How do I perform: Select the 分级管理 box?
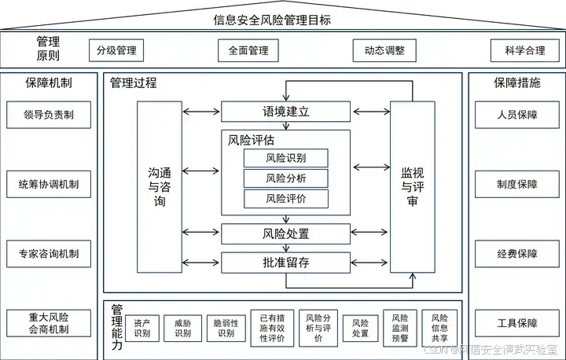(x=116, y=51)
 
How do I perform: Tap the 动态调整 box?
(x=384, y=51)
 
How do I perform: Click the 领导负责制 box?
(x=48, y=115)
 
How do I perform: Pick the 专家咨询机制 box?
(x=48, y=254)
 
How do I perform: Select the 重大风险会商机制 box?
(x=48, y=323)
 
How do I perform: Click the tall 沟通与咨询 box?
(x=159, y=185)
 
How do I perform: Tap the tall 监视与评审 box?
(x=411, y=185)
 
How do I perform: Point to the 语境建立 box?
(x=285, y=112)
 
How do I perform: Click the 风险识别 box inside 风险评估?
(x=285, y=158)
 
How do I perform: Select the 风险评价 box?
(x=285, y=199)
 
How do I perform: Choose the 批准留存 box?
(x=285, y=262)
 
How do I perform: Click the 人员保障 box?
(x=516, y=115)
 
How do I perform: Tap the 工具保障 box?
(x=516, y=323)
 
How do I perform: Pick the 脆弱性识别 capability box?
(x=226, y=328)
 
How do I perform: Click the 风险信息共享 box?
(x=439, y=327)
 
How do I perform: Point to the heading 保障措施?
(x=516, y=82)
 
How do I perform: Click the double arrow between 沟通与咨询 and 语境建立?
(x=201, y=112)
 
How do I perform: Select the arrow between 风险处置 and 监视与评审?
(x=369, y=233)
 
